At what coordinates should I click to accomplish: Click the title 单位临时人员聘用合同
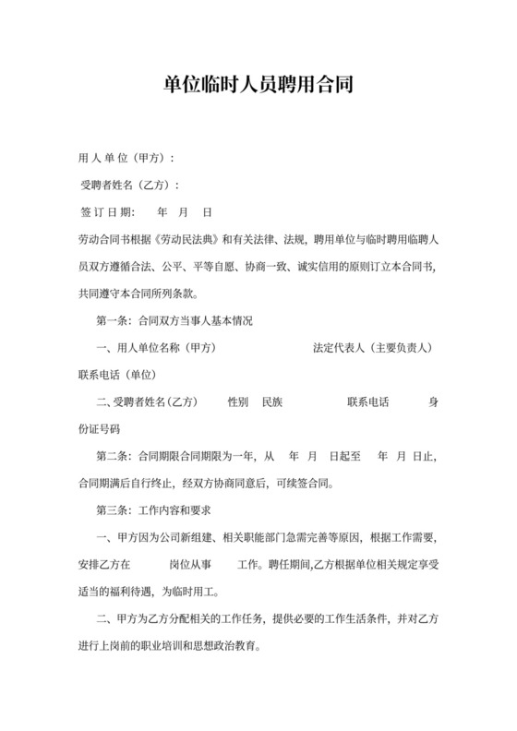pos(258,88)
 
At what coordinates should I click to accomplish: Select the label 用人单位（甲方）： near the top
pos(126,158)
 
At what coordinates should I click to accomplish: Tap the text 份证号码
pos(100,430)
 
